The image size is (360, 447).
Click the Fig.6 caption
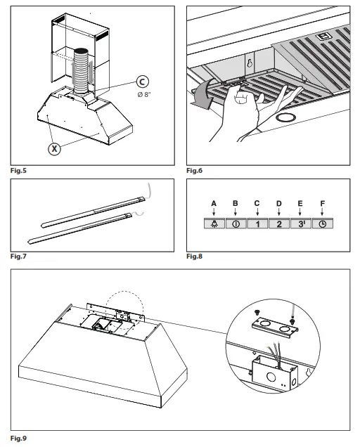[x=195, y=171]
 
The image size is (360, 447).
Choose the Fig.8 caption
[x=195, y=257]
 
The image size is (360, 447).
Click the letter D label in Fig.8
[x=279, y=204]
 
